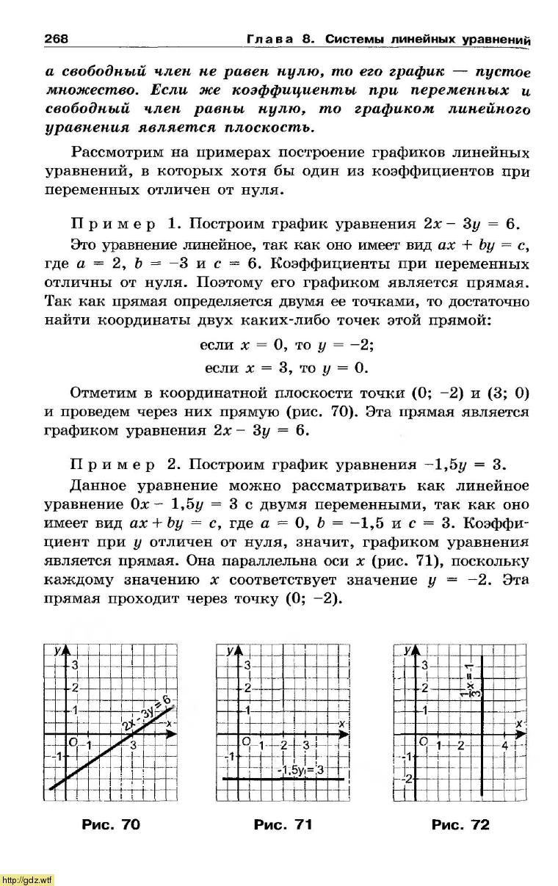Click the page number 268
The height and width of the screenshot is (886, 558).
pos(57,38)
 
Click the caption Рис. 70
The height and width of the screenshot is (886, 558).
pos(110,824)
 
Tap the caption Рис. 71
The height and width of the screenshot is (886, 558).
pos(283,824)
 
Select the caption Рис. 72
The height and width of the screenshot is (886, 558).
pos(460,824)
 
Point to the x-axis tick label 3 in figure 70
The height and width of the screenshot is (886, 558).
pos(134,746)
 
